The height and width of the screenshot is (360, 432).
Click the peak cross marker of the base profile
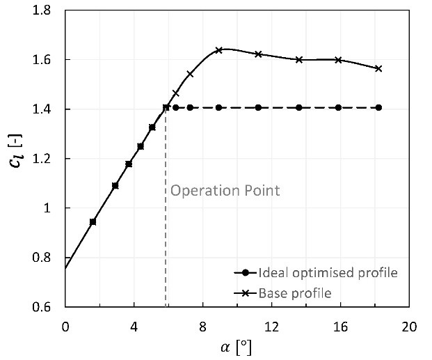218,50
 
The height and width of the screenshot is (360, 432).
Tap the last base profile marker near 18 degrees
378,68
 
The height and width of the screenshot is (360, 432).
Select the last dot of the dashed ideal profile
378,107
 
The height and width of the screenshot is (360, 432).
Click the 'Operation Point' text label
225,190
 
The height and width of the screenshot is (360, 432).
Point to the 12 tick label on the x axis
271,326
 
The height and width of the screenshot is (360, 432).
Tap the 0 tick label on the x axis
65,326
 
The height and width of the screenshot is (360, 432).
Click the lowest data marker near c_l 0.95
93,221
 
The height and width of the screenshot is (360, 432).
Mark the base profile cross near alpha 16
338,60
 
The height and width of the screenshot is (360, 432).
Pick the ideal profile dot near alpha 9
218,107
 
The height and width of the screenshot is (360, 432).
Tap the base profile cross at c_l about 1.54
190,73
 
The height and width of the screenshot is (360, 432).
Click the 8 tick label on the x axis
202,326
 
